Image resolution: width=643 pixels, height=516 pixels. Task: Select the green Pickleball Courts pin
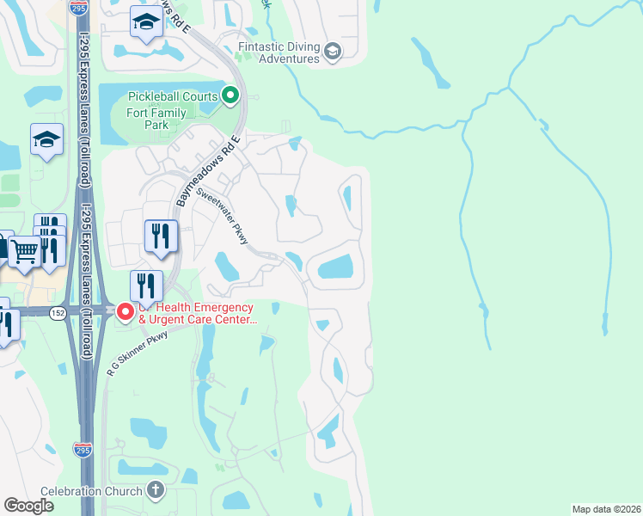point(230,96)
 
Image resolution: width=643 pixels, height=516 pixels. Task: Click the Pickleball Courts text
point(173,96)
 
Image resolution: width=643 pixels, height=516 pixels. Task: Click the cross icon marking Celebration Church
point(155,491)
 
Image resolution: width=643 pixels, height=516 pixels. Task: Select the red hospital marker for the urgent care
point(125,312)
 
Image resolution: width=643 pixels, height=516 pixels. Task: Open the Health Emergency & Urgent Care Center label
point(197,314)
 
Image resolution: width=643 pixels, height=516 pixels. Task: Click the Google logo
point(28,506)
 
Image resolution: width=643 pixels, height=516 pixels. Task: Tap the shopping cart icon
point(25,252)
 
